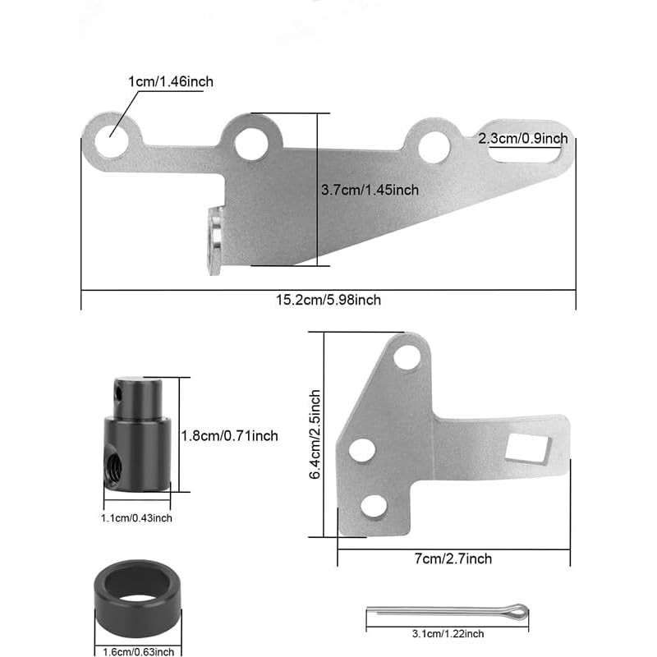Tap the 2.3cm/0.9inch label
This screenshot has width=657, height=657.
pyautogui.click(x=522, y=138)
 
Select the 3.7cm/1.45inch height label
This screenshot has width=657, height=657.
pyautogui.click(x=370, y=190)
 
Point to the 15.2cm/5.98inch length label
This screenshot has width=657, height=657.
pyautogui.click(x=328, y=300)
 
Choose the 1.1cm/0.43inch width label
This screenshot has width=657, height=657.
pyautogui.click(x=137, y=517)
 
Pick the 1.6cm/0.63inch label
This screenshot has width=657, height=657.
pyautogui.click(x=137, y=651)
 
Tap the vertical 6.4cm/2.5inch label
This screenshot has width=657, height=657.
pyautogui.click(x=316, y=435)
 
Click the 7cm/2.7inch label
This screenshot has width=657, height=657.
pyautogui.click(x=453, y=558)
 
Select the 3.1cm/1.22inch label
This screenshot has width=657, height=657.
pyautogui.click(x=447, y=633)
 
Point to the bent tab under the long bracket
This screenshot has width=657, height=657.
pyautogui.click(x=215, y=240)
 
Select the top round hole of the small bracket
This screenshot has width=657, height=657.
pyautogui.click(x=406, y=357)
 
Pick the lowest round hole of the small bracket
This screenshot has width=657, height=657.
pyautogui.click(x=374, y=505)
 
